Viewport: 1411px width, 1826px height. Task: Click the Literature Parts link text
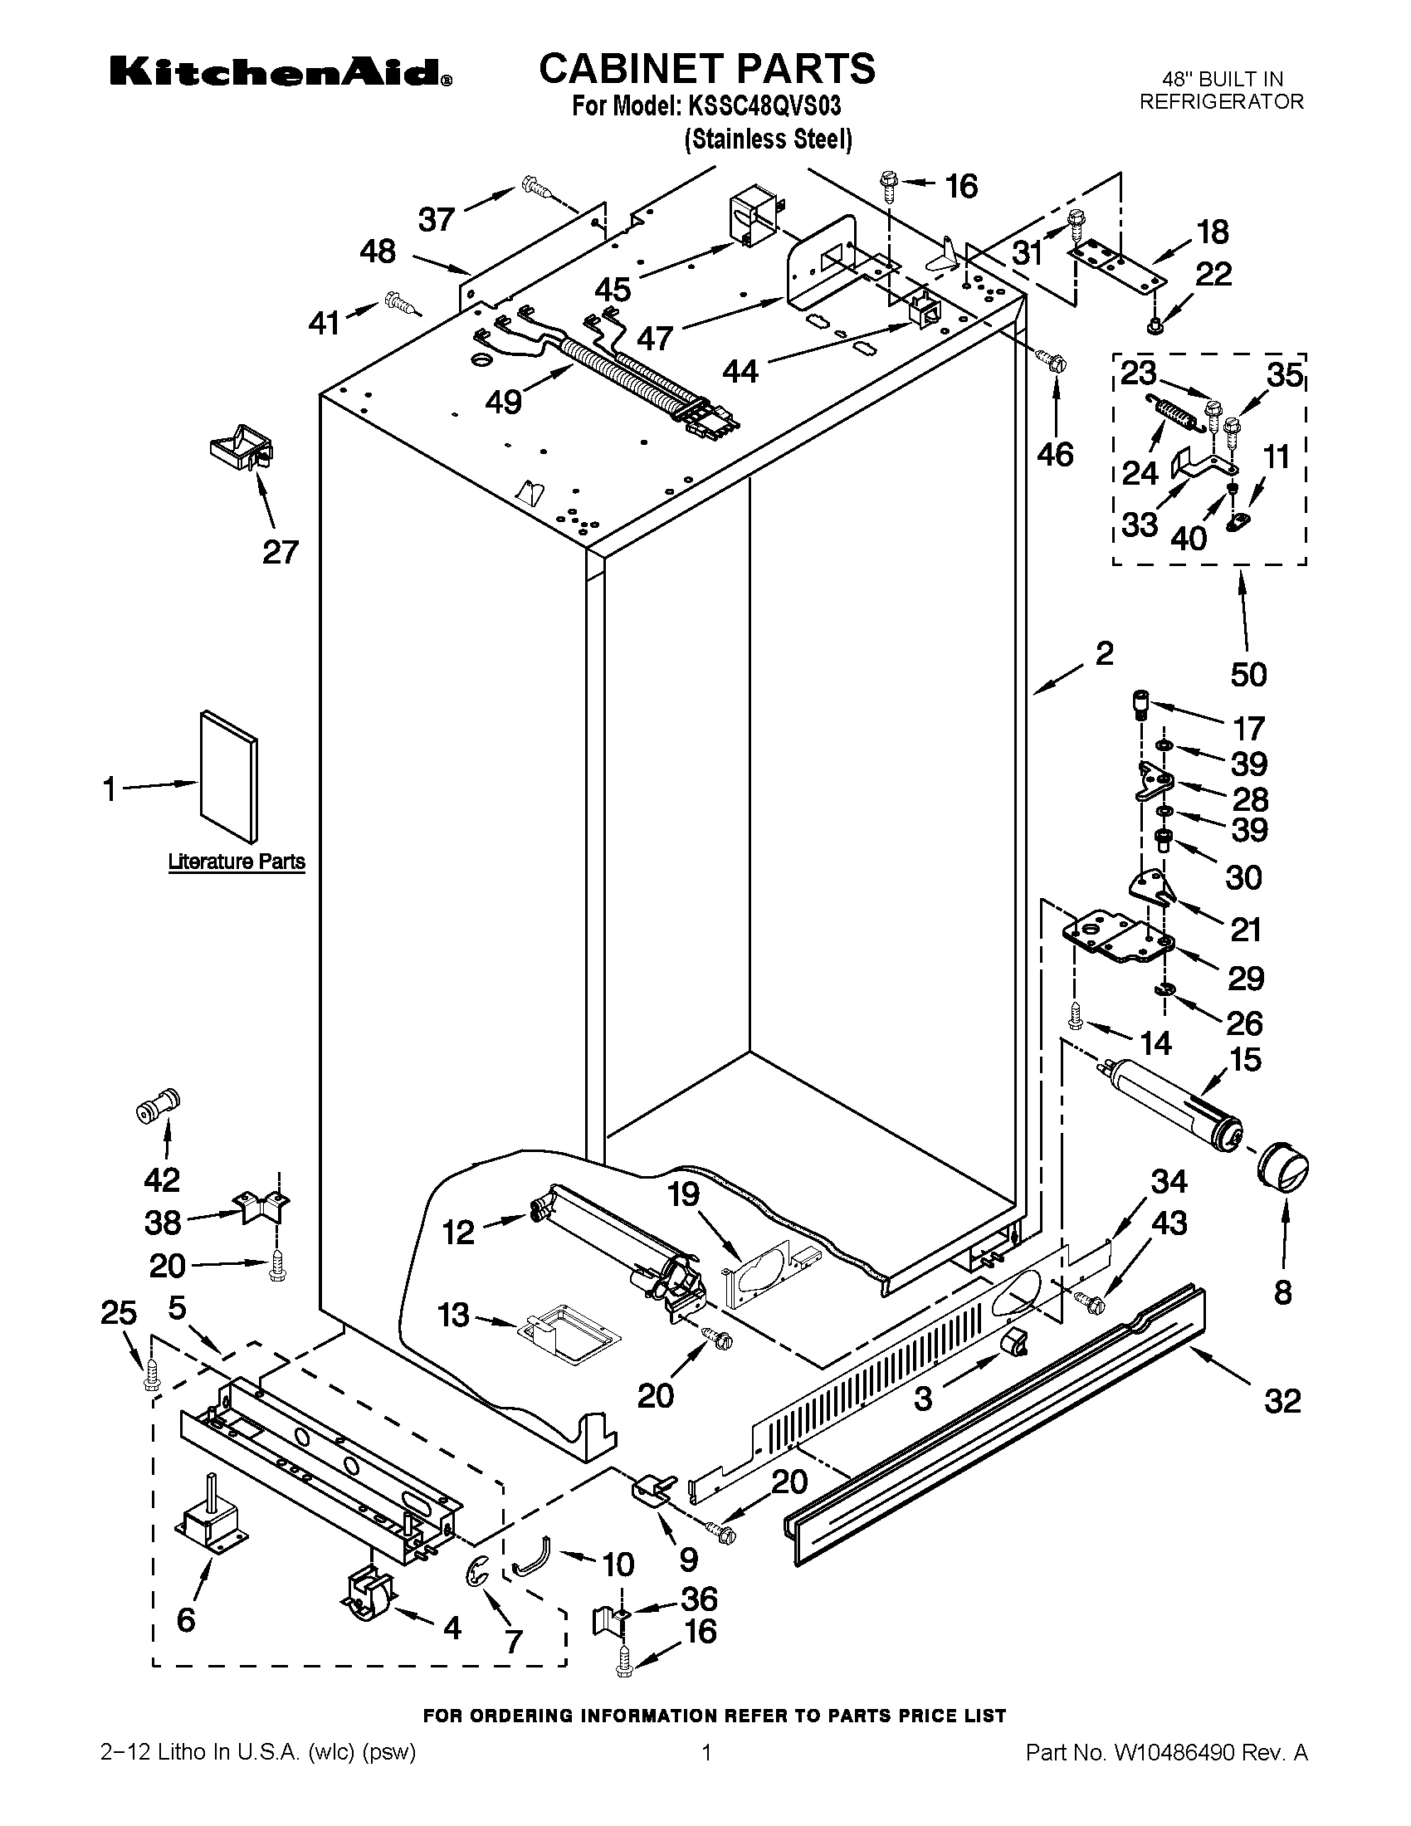pyautogui.click(x=237, y=862)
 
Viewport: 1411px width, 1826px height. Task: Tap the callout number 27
pyautogui.click(x=280, y=552)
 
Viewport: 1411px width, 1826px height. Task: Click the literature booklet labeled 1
pyautogui.click(x=228, y=777)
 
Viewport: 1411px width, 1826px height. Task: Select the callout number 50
pyautogui.click(x=1248, y=674)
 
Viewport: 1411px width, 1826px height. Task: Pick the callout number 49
pyautogui.click(x=504, y=402)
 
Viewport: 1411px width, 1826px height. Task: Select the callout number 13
pyautogui.click(x=454, y=1316)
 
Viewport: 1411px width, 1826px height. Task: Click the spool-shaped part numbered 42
pyautogui.click(x=159, y=1107)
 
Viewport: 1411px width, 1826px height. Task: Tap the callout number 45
pyautogui.click(x=613, y=290)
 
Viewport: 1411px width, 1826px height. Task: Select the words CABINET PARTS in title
pyautogui.click(x=706, y=69)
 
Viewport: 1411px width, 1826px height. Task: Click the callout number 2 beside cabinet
pyautogui.click(x=1104, y=653)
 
